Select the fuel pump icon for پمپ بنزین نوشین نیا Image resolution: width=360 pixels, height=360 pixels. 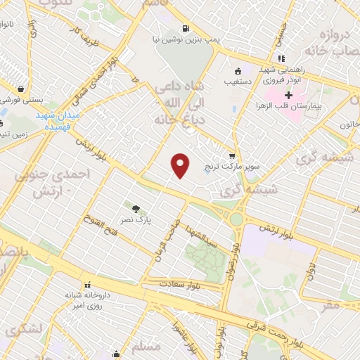185,29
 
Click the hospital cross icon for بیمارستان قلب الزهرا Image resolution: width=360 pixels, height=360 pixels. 288,94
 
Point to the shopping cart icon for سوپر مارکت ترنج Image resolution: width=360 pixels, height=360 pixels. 231,156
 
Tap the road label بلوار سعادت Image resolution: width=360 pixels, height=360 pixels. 182,282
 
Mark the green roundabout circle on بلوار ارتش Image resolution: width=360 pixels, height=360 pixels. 236,219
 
